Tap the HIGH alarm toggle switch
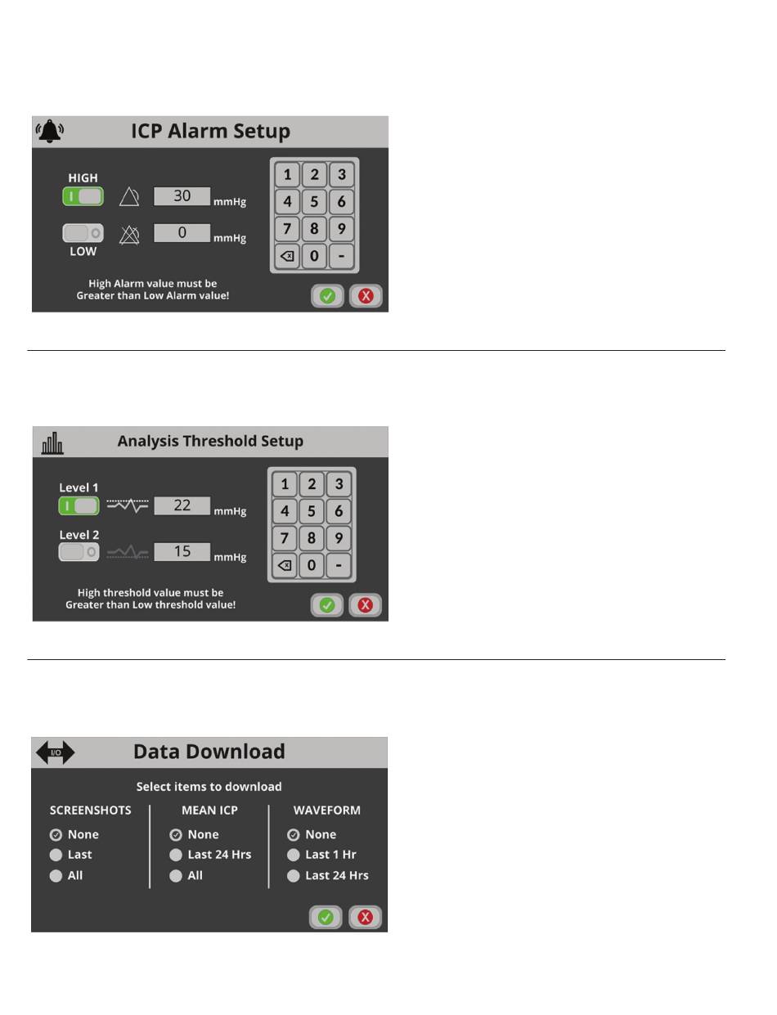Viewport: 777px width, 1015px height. coord(83,196)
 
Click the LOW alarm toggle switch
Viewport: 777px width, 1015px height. coord(83,232)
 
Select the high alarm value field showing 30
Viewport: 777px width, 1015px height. coord(182,195)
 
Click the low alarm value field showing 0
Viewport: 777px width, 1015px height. coord(182,232)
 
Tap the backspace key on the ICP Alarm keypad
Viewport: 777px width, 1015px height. coord(287,256)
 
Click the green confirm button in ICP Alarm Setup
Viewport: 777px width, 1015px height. coord(327,296)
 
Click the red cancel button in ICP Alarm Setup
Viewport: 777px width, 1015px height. coord(366,296)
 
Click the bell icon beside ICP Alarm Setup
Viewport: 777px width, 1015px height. coord(50,131)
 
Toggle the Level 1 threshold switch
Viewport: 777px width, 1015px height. coord(79,506)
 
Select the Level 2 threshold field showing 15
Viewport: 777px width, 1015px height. coord(182,551)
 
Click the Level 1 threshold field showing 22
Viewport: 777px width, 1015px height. coord(182,505)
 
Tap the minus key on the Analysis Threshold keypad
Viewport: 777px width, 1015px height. coord(339,565)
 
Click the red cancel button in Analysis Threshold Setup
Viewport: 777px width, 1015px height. coord(365,605)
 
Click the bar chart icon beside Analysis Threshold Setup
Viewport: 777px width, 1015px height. coord(52,442)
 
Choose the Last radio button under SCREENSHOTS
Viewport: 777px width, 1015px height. coord(56,855)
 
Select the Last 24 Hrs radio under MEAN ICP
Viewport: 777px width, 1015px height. coord(176,855)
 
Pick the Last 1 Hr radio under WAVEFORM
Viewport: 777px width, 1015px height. coord(294,855)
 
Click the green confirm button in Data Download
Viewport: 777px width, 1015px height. coord(326,918)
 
